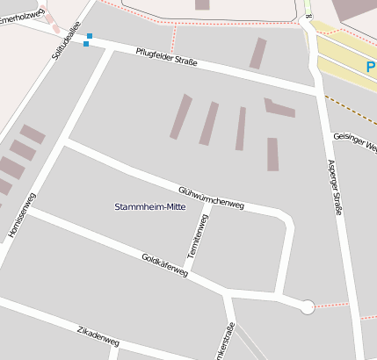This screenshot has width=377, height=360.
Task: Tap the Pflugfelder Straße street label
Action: pyautogui.click(x=166, y=57)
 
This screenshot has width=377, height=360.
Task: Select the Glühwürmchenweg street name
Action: pyautogui.click(x=211, y=198)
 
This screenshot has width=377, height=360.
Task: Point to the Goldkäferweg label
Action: pyautogui.click(x=164, y=266)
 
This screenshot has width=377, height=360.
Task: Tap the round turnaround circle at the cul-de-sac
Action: pyautogui.click(x=308, y=306)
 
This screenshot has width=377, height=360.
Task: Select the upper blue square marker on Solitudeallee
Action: pyautogui.click(x=88, y=36)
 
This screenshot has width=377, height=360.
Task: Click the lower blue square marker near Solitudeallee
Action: pyautogui.click(x=85, y=44)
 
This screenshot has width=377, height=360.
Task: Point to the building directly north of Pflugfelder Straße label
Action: pyautogui.click(x=257, y=53)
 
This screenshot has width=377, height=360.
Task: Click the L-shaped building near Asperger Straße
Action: pyautogui.click(x=279, y=108)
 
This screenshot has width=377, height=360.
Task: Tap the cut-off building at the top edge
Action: pyautogui.click(x=202, y=4)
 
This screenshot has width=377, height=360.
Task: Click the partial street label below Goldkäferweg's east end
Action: pyautogui.click(x=231, y=342)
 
